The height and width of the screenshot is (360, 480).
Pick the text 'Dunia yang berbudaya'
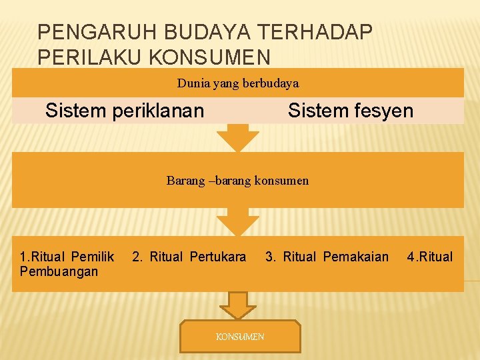(238, 83)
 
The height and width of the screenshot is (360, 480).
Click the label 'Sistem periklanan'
(125, 111)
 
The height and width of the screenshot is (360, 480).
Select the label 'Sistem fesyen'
(351, 111)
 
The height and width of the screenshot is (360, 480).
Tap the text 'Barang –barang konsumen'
(238, 180)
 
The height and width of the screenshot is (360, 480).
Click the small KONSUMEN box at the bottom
(240, 337)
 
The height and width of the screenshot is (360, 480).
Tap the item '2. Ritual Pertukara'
(189, 257)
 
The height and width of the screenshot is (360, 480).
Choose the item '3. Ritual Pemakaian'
(327, 257)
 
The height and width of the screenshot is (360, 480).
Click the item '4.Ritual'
(430, 257)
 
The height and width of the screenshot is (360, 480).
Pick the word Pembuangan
(59, 271)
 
